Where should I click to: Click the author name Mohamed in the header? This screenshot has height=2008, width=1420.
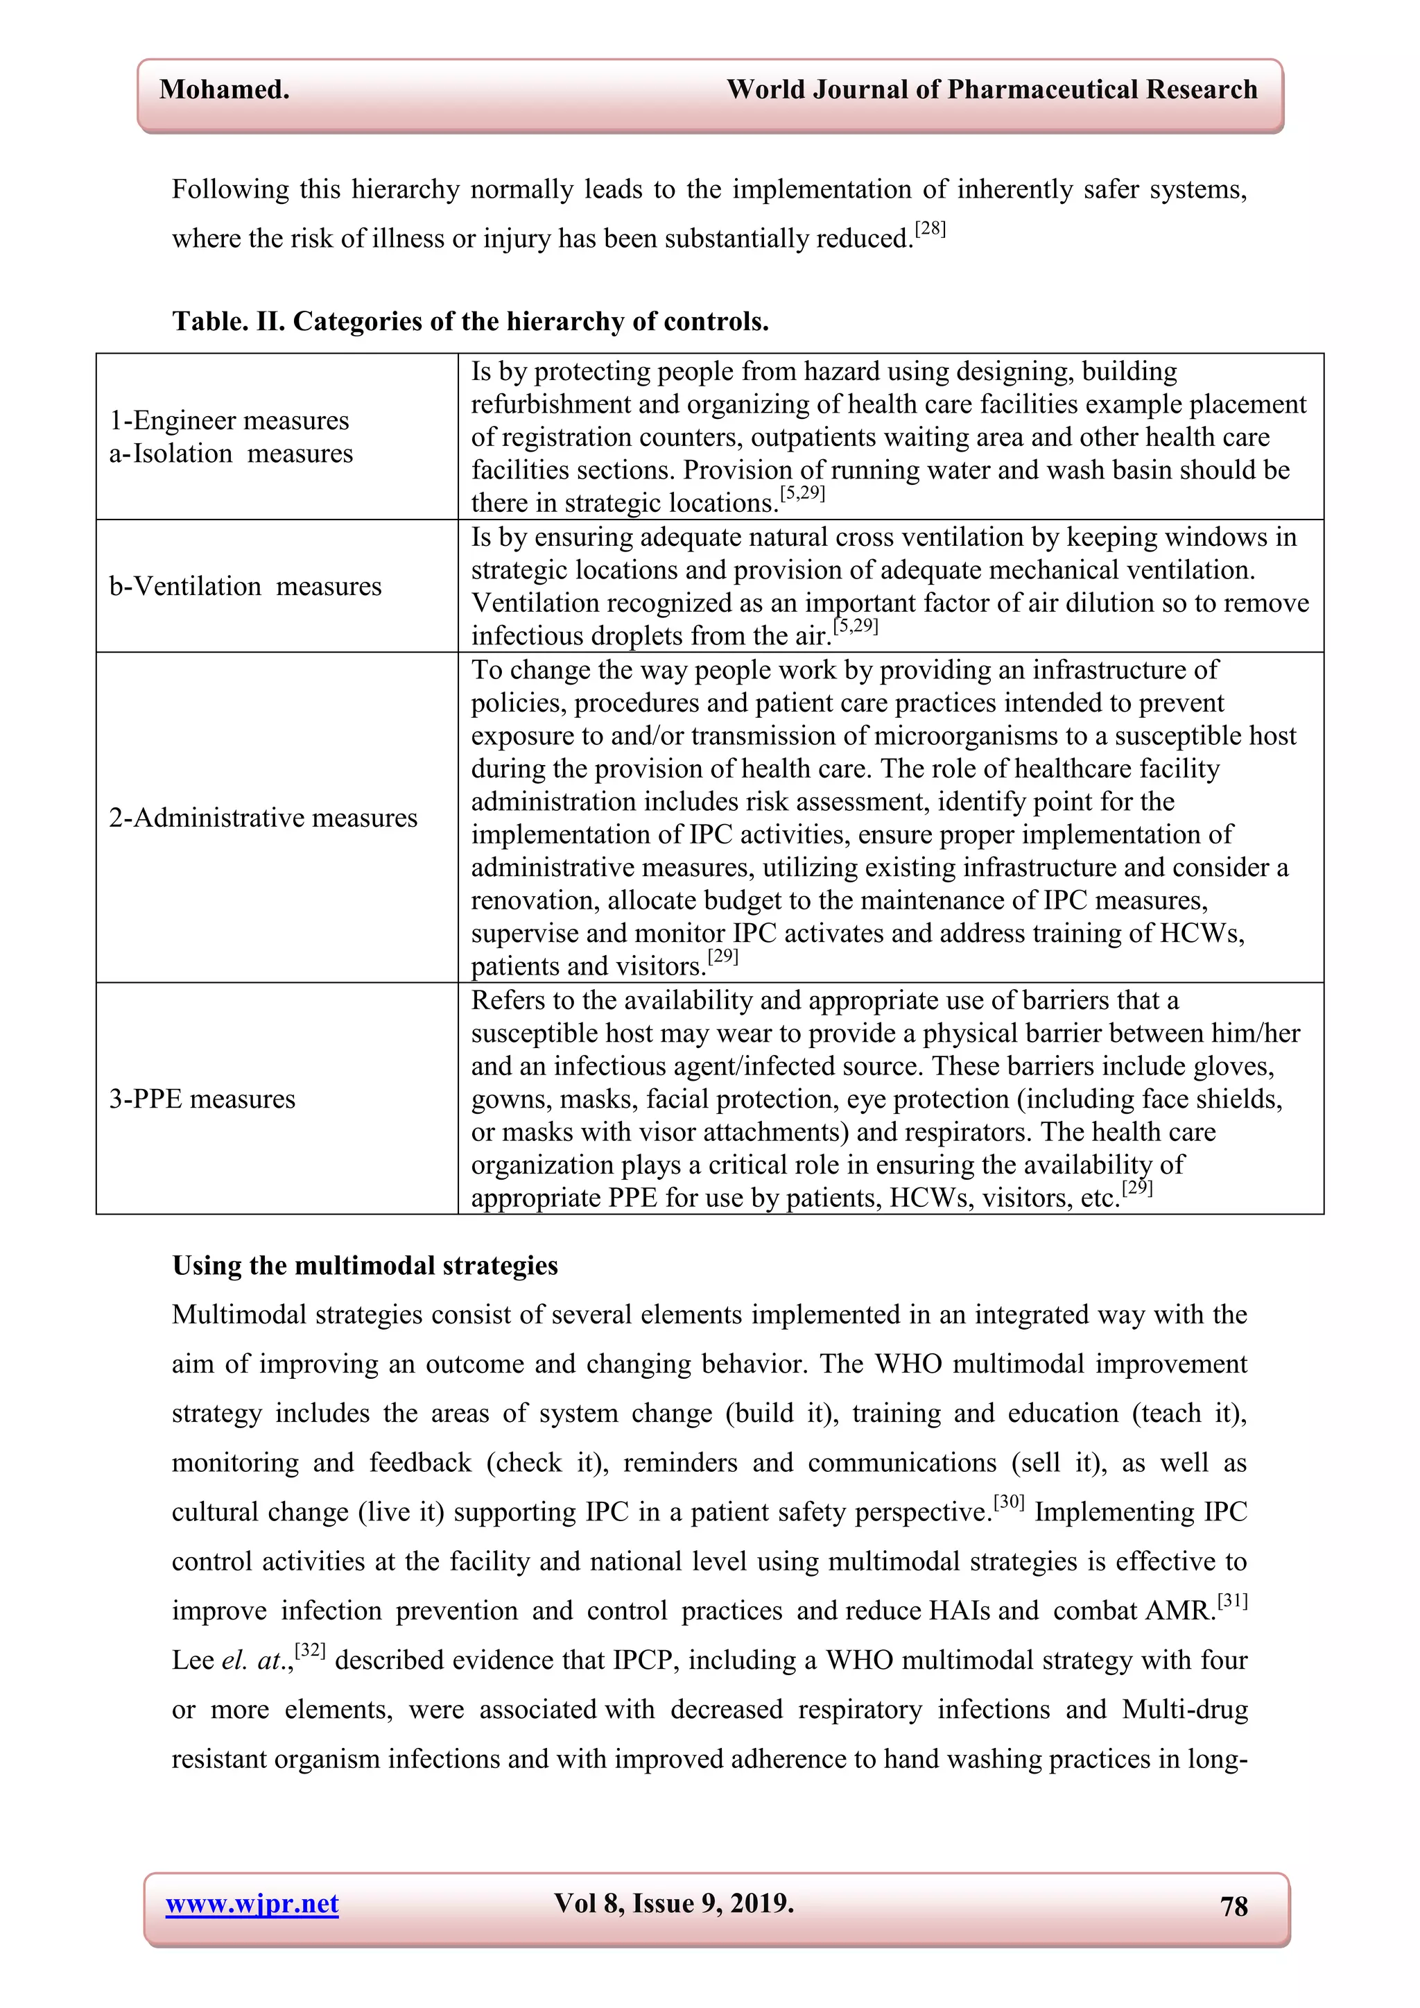[x=224, y=90]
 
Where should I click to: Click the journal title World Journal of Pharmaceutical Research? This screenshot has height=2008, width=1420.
[x=992, y=90]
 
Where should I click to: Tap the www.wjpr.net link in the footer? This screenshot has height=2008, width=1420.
[x=252, y=1904]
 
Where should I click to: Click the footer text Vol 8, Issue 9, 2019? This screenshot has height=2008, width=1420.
[x=673, y=1903]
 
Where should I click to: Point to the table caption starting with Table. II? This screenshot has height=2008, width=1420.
[x=470, y=322]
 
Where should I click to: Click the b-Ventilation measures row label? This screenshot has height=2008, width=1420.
[x=245, y=586]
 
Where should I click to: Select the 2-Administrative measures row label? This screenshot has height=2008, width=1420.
[x=262, y=818]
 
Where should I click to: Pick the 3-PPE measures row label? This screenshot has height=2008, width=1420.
[x=202, y=1099]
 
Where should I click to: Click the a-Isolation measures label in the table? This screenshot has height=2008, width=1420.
[x=231, y=454]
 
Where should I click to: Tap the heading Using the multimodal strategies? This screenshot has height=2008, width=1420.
[x=365, y=1266]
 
